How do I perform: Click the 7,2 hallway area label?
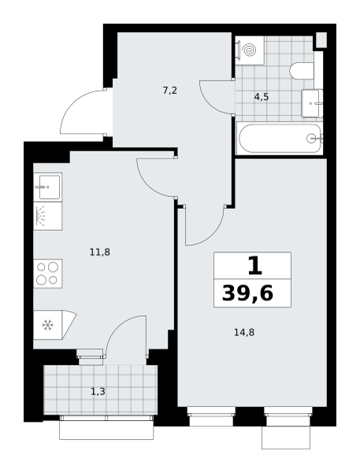[x=169, y=90]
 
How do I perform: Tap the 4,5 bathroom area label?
[x=261, y=97]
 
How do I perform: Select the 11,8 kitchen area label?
[x=100, y=251]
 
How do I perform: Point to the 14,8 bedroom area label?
[x=244, y=333]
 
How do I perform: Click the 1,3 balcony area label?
[x=98, y=392]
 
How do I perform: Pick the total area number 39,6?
[x=247, y=293]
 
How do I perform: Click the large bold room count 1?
[x=254, y=266]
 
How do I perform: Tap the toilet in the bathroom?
[x=302, y=71]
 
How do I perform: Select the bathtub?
[x=280, y=139]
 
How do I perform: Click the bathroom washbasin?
[x=312, y=103]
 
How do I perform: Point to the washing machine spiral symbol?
[x=250, y=50]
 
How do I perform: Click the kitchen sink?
[x=47, y=187]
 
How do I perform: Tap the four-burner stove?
[x=47, y=274]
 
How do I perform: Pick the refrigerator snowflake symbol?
[x=47, y=325]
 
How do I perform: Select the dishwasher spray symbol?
[x=41, y=216]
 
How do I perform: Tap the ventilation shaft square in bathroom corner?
[x=321, y=39]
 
